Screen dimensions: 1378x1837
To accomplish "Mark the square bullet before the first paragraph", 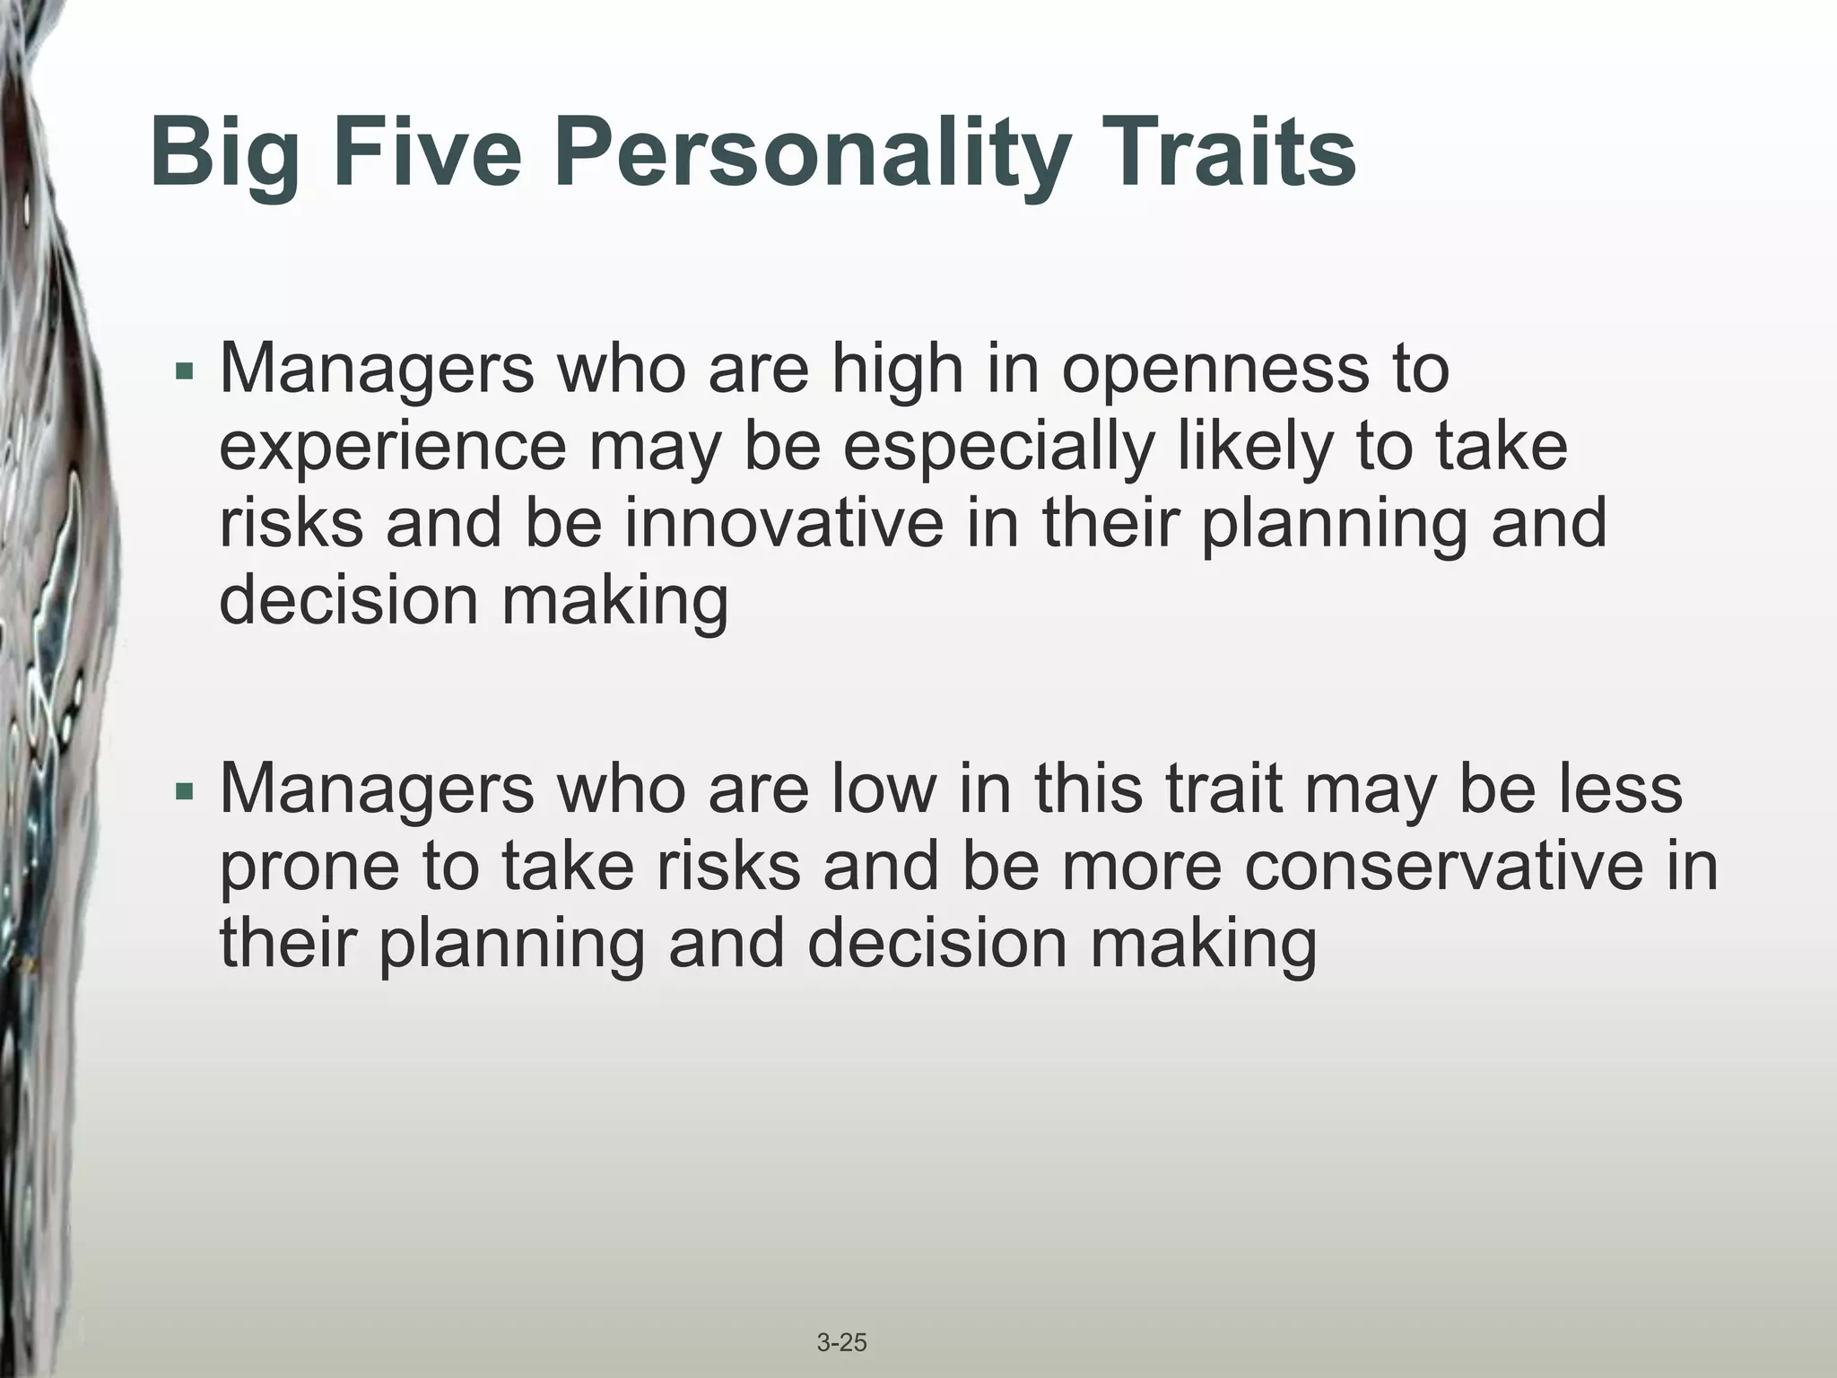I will tap(185, 370).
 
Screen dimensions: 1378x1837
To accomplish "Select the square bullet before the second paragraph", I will tap(185, 791).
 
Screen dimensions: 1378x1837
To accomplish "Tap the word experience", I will tap(393, 448).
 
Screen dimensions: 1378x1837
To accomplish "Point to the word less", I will tap(1620, 789).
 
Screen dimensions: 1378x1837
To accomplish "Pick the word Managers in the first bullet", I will tap(377, 370).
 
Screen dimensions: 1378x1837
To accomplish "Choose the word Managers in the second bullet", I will tap(377, 789).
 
